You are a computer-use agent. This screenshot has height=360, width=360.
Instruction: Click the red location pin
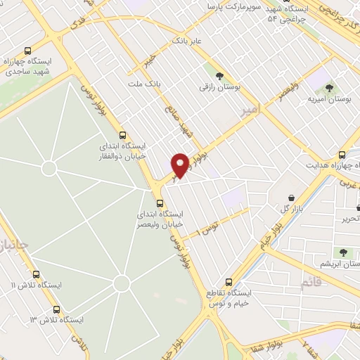click(x=181, y=165)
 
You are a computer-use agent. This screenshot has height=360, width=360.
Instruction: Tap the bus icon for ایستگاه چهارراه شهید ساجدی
click(x=27, y=51)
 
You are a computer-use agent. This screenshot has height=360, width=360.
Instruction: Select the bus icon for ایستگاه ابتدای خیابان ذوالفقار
click(x=122, y=134)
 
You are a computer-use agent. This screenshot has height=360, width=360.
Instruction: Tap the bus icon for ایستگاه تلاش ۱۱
click(x=37, y=274)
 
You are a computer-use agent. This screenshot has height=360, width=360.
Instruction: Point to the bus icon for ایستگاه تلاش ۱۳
click(x=57, y=309)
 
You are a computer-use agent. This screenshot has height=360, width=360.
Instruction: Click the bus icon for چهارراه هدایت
click(x=342, y=155)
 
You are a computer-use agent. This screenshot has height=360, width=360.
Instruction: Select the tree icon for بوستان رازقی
click(x=219, y=75)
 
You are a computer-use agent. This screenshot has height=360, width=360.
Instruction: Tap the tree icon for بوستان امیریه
click(x=329, y=88)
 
